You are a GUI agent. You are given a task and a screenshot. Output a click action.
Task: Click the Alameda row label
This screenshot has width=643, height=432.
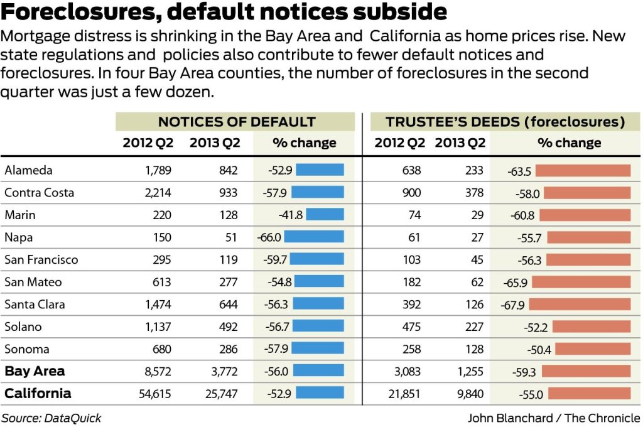pyautogui.click(x=28, y=170)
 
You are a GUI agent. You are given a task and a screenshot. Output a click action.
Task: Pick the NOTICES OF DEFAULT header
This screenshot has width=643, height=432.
pyautogui.click(x=236, y=122)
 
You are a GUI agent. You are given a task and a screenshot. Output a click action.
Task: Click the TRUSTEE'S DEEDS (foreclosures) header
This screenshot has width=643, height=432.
pyautogui.click(x=505, y=122)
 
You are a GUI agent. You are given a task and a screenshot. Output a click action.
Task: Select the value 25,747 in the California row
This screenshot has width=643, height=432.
pyautogui.click(x=219, y=394)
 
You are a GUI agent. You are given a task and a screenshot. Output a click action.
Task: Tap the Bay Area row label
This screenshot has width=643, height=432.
pyautogui.click(x=35, y=371)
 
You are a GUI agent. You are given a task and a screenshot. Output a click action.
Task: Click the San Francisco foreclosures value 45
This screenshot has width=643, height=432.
pyautogui.click(x=475, y=259)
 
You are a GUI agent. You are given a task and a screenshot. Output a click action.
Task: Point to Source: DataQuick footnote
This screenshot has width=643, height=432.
pyautogui.click(x=51, y=418)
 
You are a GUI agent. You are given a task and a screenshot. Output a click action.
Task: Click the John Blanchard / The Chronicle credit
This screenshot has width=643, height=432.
pyautogui.click(x=554, y=418)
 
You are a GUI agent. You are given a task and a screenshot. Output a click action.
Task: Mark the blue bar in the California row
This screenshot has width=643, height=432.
pyautogui.click(x=320, y=394)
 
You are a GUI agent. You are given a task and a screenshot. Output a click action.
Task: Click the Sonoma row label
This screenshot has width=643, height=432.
pyautogui.click(x=27, y=349)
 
